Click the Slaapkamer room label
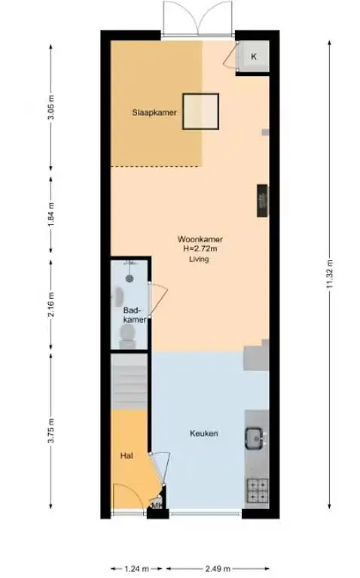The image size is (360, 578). (x=154, y=112)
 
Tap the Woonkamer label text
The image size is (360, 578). (x=200, y=239)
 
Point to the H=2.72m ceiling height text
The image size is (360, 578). (x=200, y=249)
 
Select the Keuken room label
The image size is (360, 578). (x=203, y=433)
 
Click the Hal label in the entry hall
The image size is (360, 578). (x=126, y=456)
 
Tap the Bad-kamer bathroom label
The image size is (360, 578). (x=135, y=315)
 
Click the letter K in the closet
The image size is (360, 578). (x=253, y=56)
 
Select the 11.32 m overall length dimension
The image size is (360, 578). (x=330, y=275)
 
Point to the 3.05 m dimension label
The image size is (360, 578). (x=52, y=107)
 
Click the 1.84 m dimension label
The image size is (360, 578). (x=52, y=214)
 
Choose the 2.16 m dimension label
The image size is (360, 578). (x=52, y=305)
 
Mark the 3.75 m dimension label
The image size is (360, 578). (x=52, y=430)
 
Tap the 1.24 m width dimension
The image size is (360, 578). (x=136, y=569)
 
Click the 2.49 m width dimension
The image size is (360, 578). (x=218, y=569)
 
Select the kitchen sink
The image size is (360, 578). (x=255, y=438)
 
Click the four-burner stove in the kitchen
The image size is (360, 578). (x=258, y=490)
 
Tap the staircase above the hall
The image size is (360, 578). (x=129, y=382)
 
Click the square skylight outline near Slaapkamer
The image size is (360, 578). (x=200, y=111)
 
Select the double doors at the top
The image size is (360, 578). (x=198, y=18)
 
